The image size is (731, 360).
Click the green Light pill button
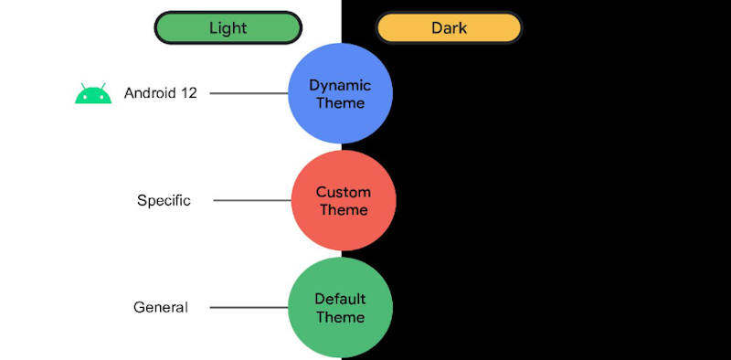[228, 27]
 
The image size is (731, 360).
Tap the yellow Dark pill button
[449, 27]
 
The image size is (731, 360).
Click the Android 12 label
[160, 93]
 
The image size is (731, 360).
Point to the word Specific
[164, 200]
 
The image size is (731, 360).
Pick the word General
[160, 307]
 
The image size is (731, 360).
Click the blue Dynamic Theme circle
[340, 93]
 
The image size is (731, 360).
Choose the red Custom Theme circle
[343, 200]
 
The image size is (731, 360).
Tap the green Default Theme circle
[340, 307]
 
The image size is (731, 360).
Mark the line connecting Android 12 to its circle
[249, 93]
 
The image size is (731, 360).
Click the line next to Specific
[252, 201]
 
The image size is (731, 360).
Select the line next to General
[249, 308]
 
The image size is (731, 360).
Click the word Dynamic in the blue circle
[340, 85]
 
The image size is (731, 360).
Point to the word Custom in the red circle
[343, 192]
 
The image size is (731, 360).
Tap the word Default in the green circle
[340, 299]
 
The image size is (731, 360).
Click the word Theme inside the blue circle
[340, 103]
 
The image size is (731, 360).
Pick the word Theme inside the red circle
[343, 210]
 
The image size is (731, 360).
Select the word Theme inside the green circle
[340, 317]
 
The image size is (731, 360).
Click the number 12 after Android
[188, 93]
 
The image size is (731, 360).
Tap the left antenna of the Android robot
[83, 85]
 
